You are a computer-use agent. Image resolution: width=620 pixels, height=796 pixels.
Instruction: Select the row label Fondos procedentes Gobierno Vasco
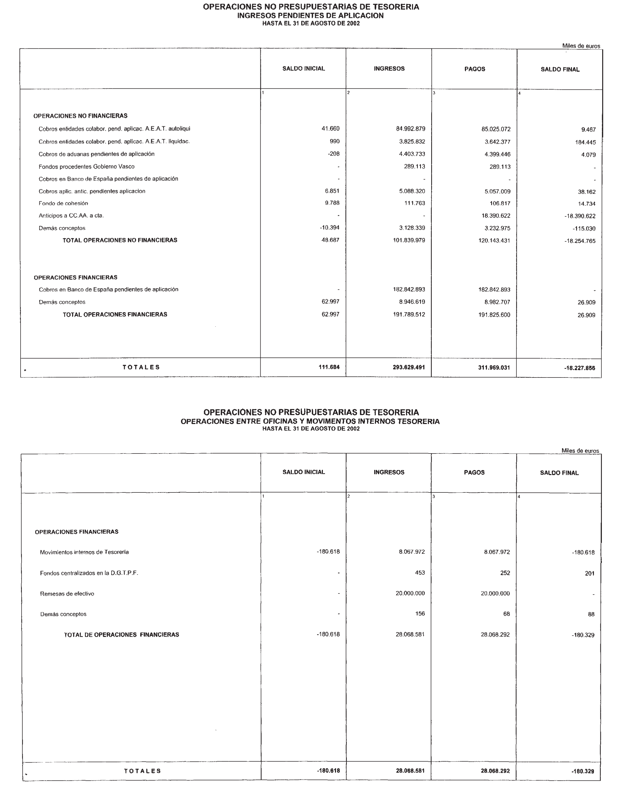(x=87, y=167)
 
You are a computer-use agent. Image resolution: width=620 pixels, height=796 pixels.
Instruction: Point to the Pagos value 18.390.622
(x=496, y=216)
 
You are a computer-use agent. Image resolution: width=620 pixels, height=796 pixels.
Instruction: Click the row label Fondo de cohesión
(x=63, y=203)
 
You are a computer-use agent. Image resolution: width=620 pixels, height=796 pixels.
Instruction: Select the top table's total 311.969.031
(x=494, y=368)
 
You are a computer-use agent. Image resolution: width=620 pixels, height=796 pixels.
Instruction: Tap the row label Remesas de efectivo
(x=67, y=594)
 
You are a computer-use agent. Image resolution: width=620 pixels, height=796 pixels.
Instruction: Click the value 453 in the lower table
(x=420, y=573)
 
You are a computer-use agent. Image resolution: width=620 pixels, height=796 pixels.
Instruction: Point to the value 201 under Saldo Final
(x=589, y=573)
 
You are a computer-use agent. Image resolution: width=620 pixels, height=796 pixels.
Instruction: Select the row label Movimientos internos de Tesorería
(x=84, y=552)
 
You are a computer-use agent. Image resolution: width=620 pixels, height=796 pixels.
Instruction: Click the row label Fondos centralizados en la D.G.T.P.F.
(x=89, y=573)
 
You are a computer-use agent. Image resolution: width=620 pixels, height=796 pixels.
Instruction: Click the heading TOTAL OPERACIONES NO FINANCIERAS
(x=120, y=240)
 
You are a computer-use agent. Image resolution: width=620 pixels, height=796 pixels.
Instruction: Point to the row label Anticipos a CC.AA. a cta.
(x=72, y=216)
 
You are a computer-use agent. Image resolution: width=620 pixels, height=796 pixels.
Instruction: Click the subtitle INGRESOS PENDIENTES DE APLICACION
(x=310, y=16)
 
